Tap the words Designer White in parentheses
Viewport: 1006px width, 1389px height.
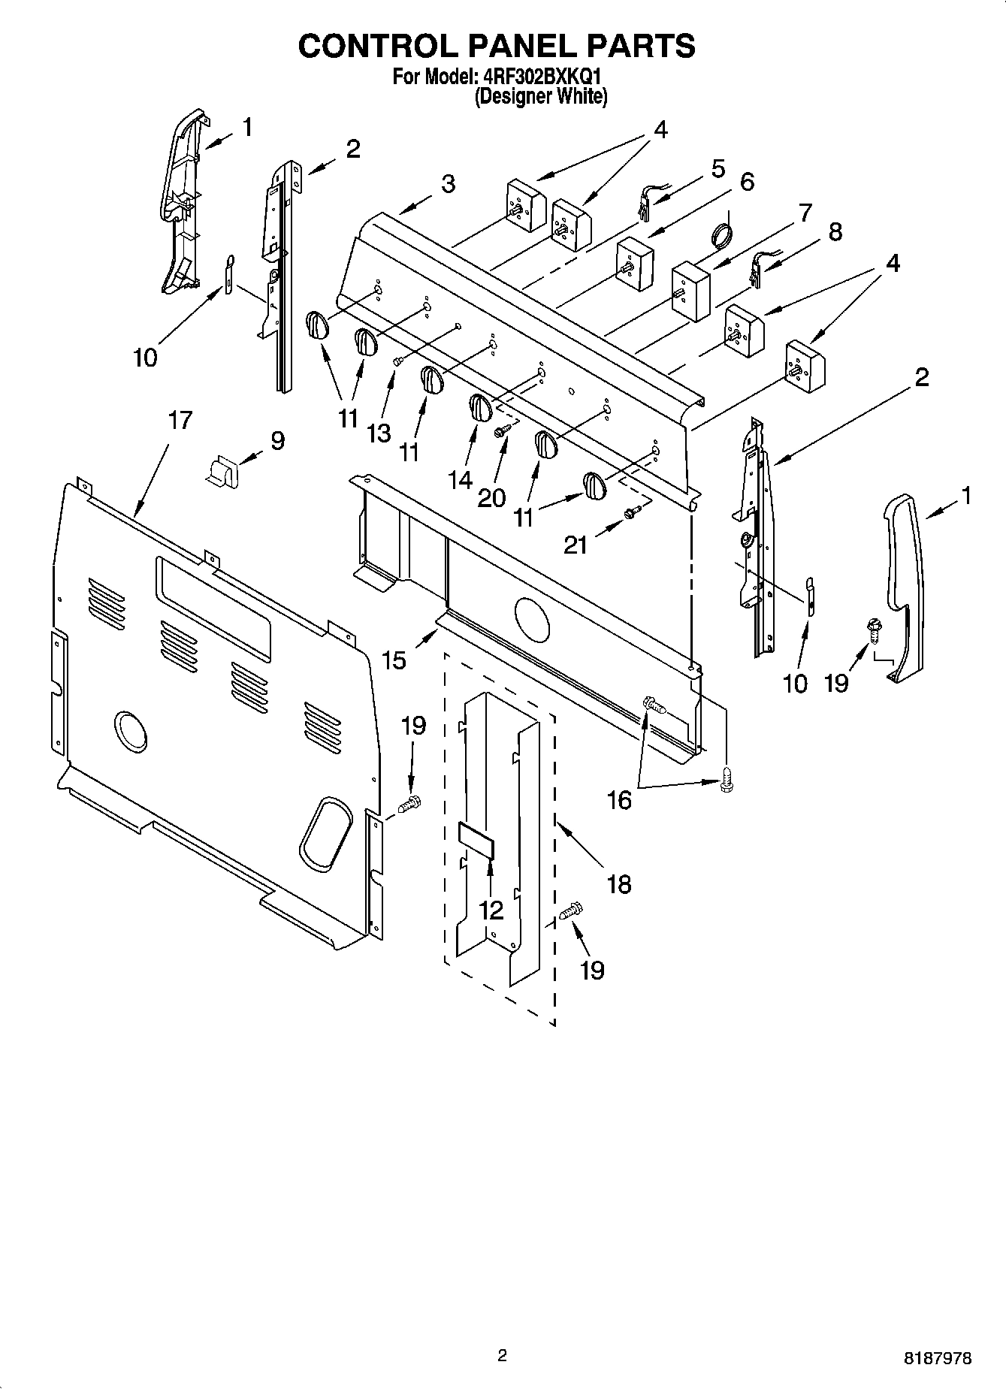tap(540, 96)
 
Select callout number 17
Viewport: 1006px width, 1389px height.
tap(180, 421)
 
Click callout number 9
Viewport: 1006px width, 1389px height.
tap(278, 440)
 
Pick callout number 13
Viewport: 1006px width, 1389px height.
tap(379, 433)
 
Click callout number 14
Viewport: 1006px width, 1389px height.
tap(461, 479)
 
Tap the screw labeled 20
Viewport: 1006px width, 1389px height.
tap(502, 429)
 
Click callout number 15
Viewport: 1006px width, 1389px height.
tap(394, 660)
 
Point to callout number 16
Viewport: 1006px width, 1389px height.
tap(619, 800)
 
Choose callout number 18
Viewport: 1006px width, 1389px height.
tap(619, 884)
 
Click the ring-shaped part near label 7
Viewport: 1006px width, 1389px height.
tap(721, 234)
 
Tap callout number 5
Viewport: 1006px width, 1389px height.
tap(718, 169)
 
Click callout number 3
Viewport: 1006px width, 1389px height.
tap(448, 184)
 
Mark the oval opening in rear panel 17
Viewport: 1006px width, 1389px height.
tap(326, 834)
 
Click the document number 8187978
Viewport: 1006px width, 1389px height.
tap(937, 1359)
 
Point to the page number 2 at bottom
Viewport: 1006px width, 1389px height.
tap(502, 1356)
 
